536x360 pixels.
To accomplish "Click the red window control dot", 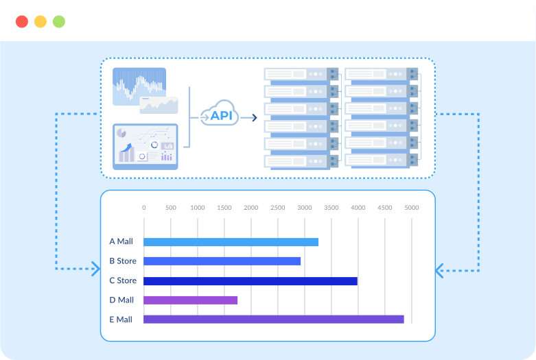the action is pyautogui.click(x=22, y=21).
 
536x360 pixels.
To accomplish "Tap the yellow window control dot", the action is pyautogui.click(x=40, y=21).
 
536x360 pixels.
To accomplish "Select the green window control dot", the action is pyautogui.click(x=59, y=21).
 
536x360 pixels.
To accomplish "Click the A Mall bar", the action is pyautogui.click(x=231, y=242).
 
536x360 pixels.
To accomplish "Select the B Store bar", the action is pyautogui.click(x=222, y=261).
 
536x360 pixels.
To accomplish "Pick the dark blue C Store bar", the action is pyautogui.click(x=250, y=280).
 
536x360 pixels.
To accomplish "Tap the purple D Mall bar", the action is pyautogui.click(x=190, y=300).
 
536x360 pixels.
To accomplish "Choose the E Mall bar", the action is pyautogui.click(x=273, y=320).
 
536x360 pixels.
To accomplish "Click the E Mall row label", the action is pyautogui.click(x=121, y=320).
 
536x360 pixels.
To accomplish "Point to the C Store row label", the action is pyautogui.click(x=123, y=280).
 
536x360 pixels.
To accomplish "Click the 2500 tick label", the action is pyautogui.click(x=277, y=208).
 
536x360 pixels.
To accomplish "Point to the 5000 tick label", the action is pyautogui.click(x=412, y=208).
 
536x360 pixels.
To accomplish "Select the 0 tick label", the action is pyautogui.click(x=144, y=208).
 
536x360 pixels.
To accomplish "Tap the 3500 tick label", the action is pyautogui.click(x=331, y=208).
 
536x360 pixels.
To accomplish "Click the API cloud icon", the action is pyautogui.click(x=219, y=112).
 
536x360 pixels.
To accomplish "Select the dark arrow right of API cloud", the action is pyautogui.click(x=248, y=118).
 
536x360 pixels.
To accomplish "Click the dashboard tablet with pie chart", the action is pyautogui.click(x=145, y=147).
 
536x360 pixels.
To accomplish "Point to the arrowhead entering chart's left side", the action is pyautogui.click(x=96, y=269).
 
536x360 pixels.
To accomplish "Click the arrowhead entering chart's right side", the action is pyautogui.click(x=439, y=271).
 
